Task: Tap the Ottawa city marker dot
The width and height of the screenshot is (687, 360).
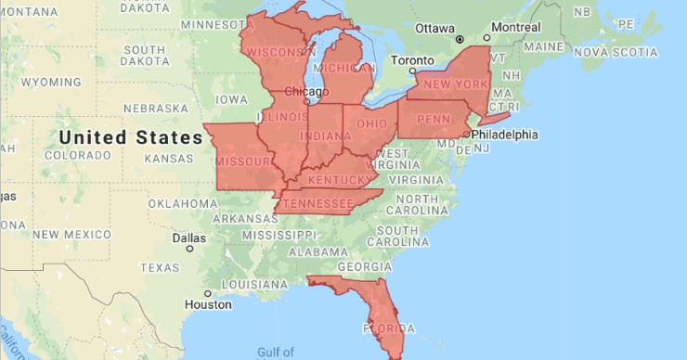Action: click(x=460, y=39)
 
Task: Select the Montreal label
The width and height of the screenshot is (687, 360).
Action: click(x=515, y=27)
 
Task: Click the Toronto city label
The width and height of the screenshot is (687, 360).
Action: click(x=412, y=60)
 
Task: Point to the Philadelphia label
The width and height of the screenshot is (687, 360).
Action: click(x=504, y=135)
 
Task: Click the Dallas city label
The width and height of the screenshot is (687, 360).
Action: click(x=189, y=237)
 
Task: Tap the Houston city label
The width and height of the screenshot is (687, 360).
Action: click(x=207, y=304)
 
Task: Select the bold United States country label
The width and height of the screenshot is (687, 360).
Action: click(x=130, y=137)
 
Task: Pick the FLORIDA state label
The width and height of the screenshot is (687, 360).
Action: click(x=382, y=328)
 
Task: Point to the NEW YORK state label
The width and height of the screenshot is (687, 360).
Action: click(x=455, y=84)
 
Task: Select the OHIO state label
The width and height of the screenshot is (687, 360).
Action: click(x=372, y=123)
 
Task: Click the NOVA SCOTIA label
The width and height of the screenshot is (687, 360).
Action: click(x=616, y=53)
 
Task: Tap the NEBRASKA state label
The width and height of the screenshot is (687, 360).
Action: click(x=149, y=108)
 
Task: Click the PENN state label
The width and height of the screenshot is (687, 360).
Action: click(x=434, y=120)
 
